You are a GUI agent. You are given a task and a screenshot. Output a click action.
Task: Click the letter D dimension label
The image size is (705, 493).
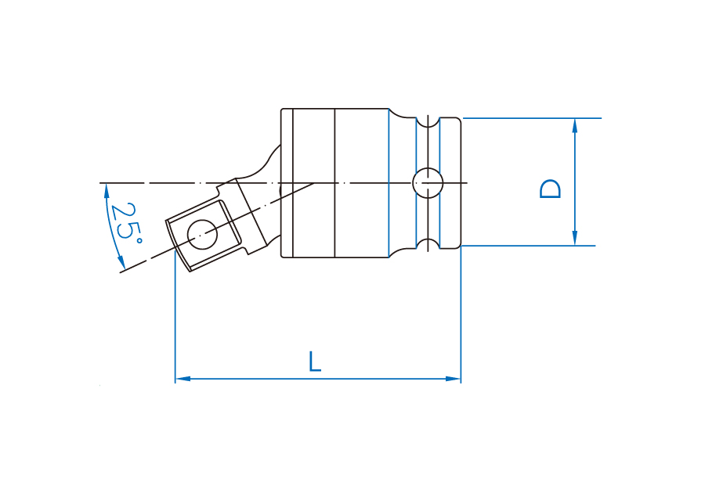[x=550, y=189]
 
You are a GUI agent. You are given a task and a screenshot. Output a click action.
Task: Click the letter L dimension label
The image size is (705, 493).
[x=315, y=362]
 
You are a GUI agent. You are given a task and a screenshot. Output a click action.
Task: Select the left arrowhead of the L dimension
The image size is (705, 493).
[x=183, y=379]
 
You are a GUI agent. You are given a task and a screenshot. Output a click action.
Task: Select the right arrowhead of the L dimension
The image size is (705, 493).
[x=454, y=379]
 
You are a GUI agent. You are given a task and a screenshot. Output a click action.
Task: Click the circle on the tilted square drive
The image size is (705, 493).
[x=202, y=235]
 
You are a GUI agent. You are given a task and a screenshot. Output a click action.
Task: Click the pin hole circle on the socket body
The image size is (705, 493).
[x=428, y=183]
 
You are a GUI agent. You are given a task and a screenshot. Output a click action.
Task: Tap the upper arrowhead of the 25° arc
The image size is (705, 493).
[x=107, y=191]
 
